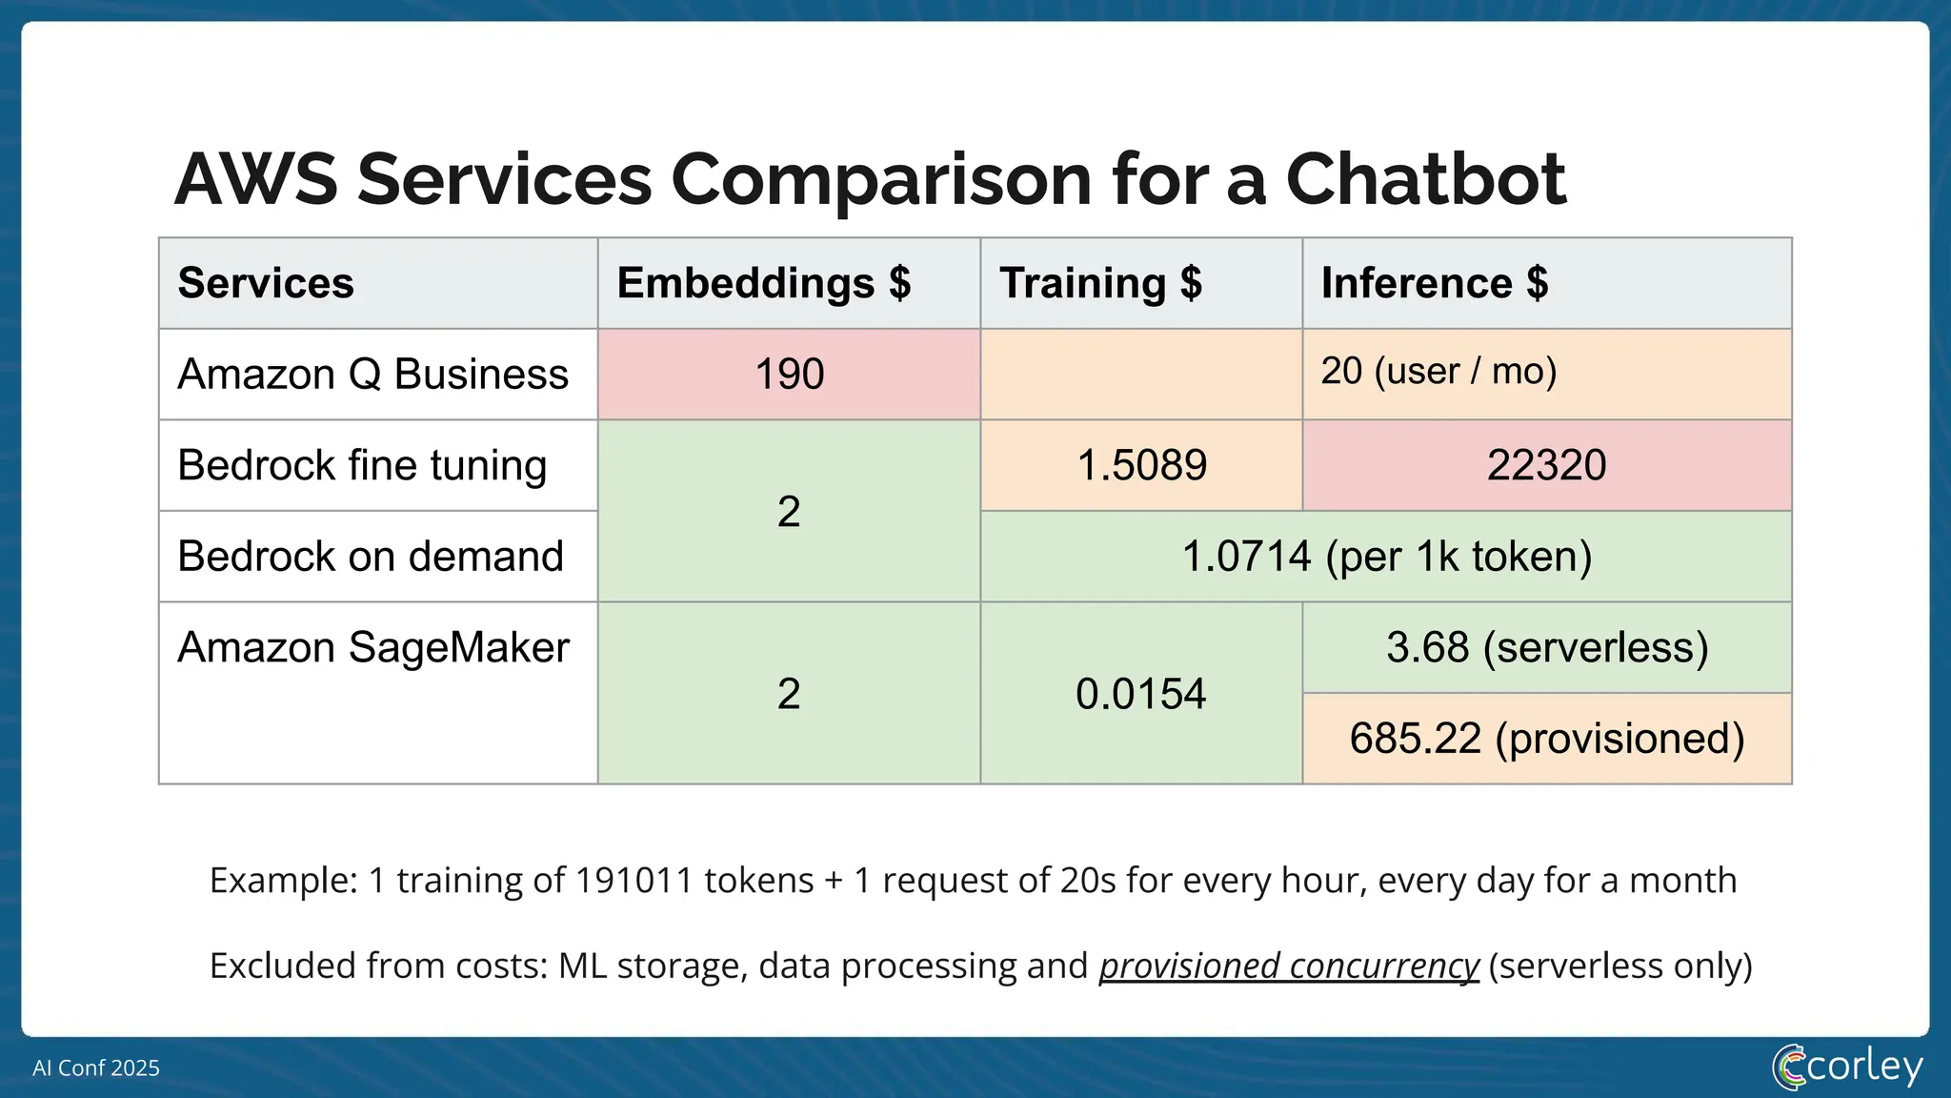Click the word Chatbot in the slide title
(1425, 179)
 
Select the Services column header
(266, 283)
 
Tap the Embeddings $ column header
(764, 283)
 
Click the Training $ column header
(1100, 283)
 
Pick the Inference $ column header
(1434, 283)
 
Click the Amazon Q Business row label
(372, 374)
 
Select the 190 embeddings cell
(789, 374)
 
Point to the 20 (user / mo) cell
(1438, 371)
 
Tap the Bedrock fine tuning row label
(362, 465)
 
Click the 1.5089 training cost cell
(1141, 465)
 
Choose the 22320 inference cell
(1546, 465)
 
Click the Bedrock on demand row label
(371, 557)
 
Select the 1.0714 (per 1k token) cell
(1386, 557)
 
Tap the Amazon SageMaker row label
(372, 648)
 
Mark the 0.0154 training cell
(1140, 693)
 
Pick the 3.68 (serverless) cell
(1546, 647)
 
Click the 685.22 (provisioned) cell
(1546, 739)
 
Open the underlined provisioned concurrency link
(1288, 966)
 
